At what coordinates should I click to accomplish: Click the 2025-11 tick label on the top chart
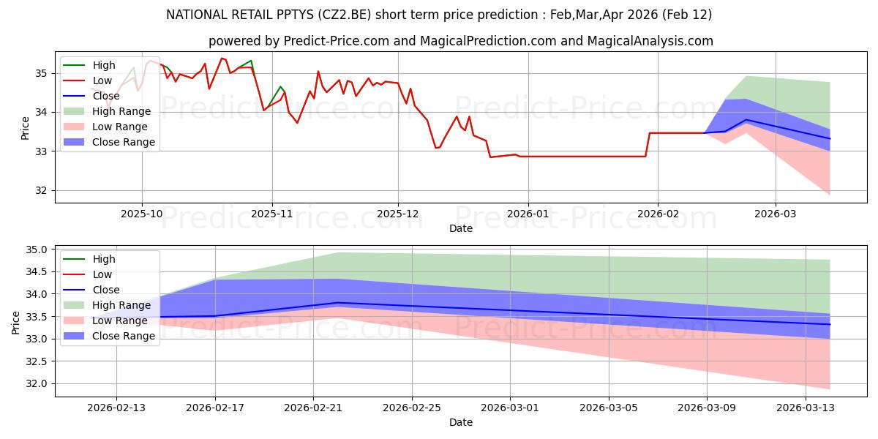tap(271, 214)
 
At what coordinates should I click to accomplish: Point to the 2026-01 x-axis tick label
tap(528, 214)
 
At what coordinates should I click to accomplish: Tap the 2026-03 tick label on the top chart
tap(776, 214)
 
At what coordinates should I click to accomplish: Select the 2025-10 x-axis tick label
tap(142, 214)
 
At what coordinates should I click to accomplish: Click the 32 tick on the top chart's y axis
tap(42, 190)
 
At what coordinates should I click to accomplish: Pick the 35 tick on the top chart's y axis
tap(42, 73)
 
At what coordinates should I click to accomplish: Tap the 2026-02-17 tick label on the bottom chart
tap(215, 408)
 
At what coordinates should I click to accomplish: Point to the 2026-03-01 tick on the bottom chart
tap(510, 408)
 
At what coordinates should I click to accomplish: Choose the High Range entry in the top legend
tap(121, 111)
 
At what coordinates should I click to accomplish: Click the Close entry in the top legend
tap(106, 96)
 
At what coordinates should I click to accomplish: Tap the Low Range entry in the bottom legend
tap(120, 320)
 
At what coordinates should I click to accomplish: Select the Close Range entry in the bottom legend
tap(124, 336)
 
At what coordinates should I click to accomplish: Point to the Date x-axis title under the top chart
tap(461, 228)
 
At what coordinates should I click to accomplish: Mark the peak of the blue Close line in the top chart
tap(746, 119)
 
